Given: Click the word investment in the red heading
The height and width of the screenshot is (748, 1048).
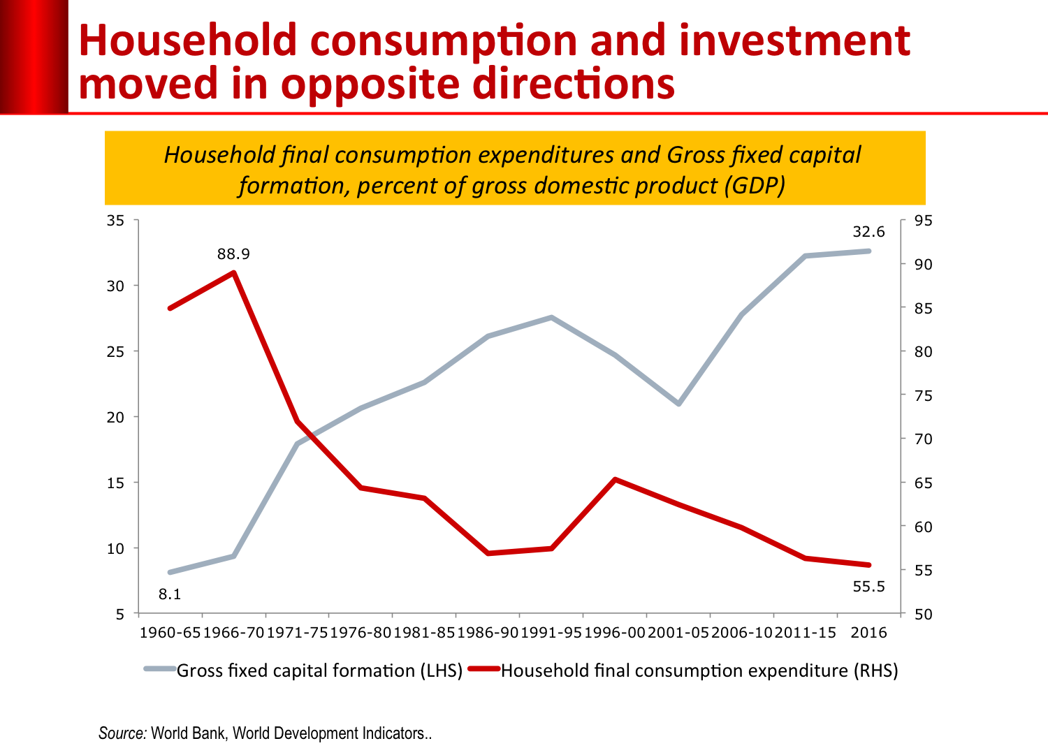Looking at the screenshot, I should click(x=794, y=41).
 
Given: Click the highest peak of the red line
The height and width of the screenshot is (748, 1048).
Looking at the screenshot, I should click(x=234, y=272).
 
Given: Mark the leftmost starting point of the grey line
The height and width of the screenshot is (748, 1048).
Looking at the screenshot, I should click(x=170, y=572).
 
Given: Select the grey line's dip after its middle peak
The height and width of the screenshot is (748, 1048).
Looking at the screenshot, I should click(x=678, y=404).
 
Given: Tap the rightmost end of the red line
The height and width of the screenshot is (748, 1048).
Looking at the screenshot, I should click(x=869, y=565).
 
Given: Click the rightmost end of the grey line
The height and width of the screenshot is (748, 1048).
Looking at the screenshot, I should click(x=869, y=250).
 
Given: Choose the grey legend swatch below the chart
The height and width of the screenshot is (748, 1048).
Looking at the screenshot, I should click(x=160, y=668).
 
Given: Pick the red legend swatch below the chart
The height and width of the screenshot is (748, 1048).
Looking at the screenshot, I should click(x=483, y=668).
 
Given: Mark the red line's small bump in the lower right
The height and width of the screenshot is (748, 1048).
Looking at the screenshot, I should click(x=615, y=479).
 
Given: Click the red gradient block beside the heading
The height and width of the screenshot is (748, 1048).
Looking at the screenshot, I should click(x=34, y=56).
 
